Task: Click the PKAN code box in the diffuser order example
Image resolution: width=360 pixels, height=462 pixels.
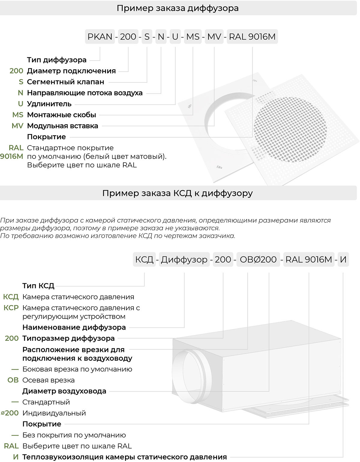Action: [100, 37]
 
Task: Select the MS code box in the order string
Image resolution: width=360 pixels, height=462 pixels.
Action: [193, 37]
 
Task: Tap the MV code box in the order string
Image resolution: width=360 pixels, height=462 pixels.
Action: [214, 37]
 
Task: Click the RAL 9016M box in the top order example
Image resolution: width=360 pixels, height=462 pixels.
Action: [252, 37]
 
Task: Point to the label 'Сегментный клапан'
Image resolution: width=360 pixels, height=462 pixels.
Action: [65, 82]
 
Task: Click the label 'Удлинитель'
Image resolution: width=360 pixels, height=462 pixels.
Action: [49, 104]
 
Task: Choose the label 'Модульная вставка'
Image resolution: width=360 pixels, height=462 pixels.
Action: [62, 126]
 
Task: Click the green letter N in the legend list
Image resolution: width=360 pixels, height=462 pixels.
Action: [20, 93]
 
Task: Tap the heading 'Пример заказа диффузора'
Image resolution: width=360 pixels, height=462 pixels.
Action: [178, 8]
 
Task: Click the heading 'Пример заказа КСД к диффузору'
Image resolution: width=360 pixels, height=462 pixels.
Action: [178, 193]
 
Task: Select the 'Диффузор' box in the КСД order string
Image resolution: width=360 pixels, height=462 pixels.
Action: [184, 259]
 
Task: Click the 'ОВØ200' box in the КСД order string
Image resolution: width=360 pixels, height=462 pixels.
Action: [258, 259]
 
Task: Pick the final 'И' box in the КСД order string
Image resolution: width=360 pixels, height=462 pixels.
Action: [343, 259]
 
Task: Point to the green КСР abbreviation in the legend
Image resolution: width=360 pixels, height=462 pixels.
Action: [11, 308]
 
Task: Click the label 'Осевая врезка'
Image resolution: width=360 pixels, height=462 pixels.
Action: [48, 380]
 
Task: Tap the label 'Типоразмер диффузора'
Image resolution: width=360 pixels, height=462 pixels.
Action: [68, 338]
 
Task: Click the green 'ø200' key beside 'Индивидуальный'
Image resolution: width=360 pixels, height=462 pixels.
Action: [10, 413]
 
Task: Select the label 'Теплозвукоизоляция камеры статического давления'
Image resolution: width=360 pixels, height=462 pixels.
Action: [124, 457]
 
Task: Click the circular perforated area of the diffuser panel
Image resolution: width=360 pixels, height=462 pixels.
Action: [290, 130]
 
